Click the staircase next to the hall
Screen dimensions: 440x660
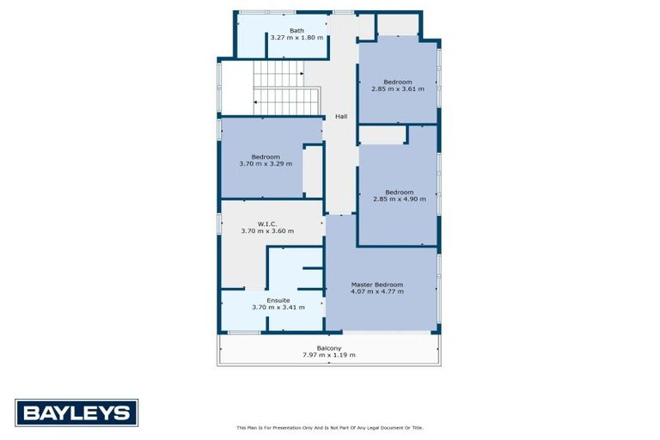[285, 90]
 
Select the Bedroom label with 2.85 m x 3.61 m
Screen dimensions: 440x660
[398, 82]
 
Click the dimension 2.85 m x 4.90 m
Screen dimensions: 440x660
[400, 199]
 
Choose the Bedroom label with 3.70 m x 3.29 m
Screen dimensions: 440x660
[266, 156]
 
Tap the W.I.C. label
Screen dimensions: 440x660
[267, 223]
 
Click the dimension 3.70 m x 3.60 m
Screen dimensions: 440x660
[267, 231]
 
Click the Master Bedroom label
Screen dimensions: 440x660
[376, 284]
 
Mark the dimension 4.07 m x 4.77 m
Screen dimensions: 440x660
[376, 292]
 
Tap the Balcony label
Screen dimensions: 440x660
[328, 348]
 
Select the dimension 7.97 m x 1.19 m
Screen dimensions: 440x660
[328, 355]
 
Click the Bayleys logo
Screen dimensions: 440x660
[76, 412]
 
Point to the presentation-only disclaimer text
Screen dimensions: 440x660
[329, 427]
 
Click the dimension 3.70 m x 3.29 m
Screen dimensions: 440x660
[266, 164]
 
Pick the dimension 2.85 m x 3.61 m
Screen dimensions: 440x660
[398, 89]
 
